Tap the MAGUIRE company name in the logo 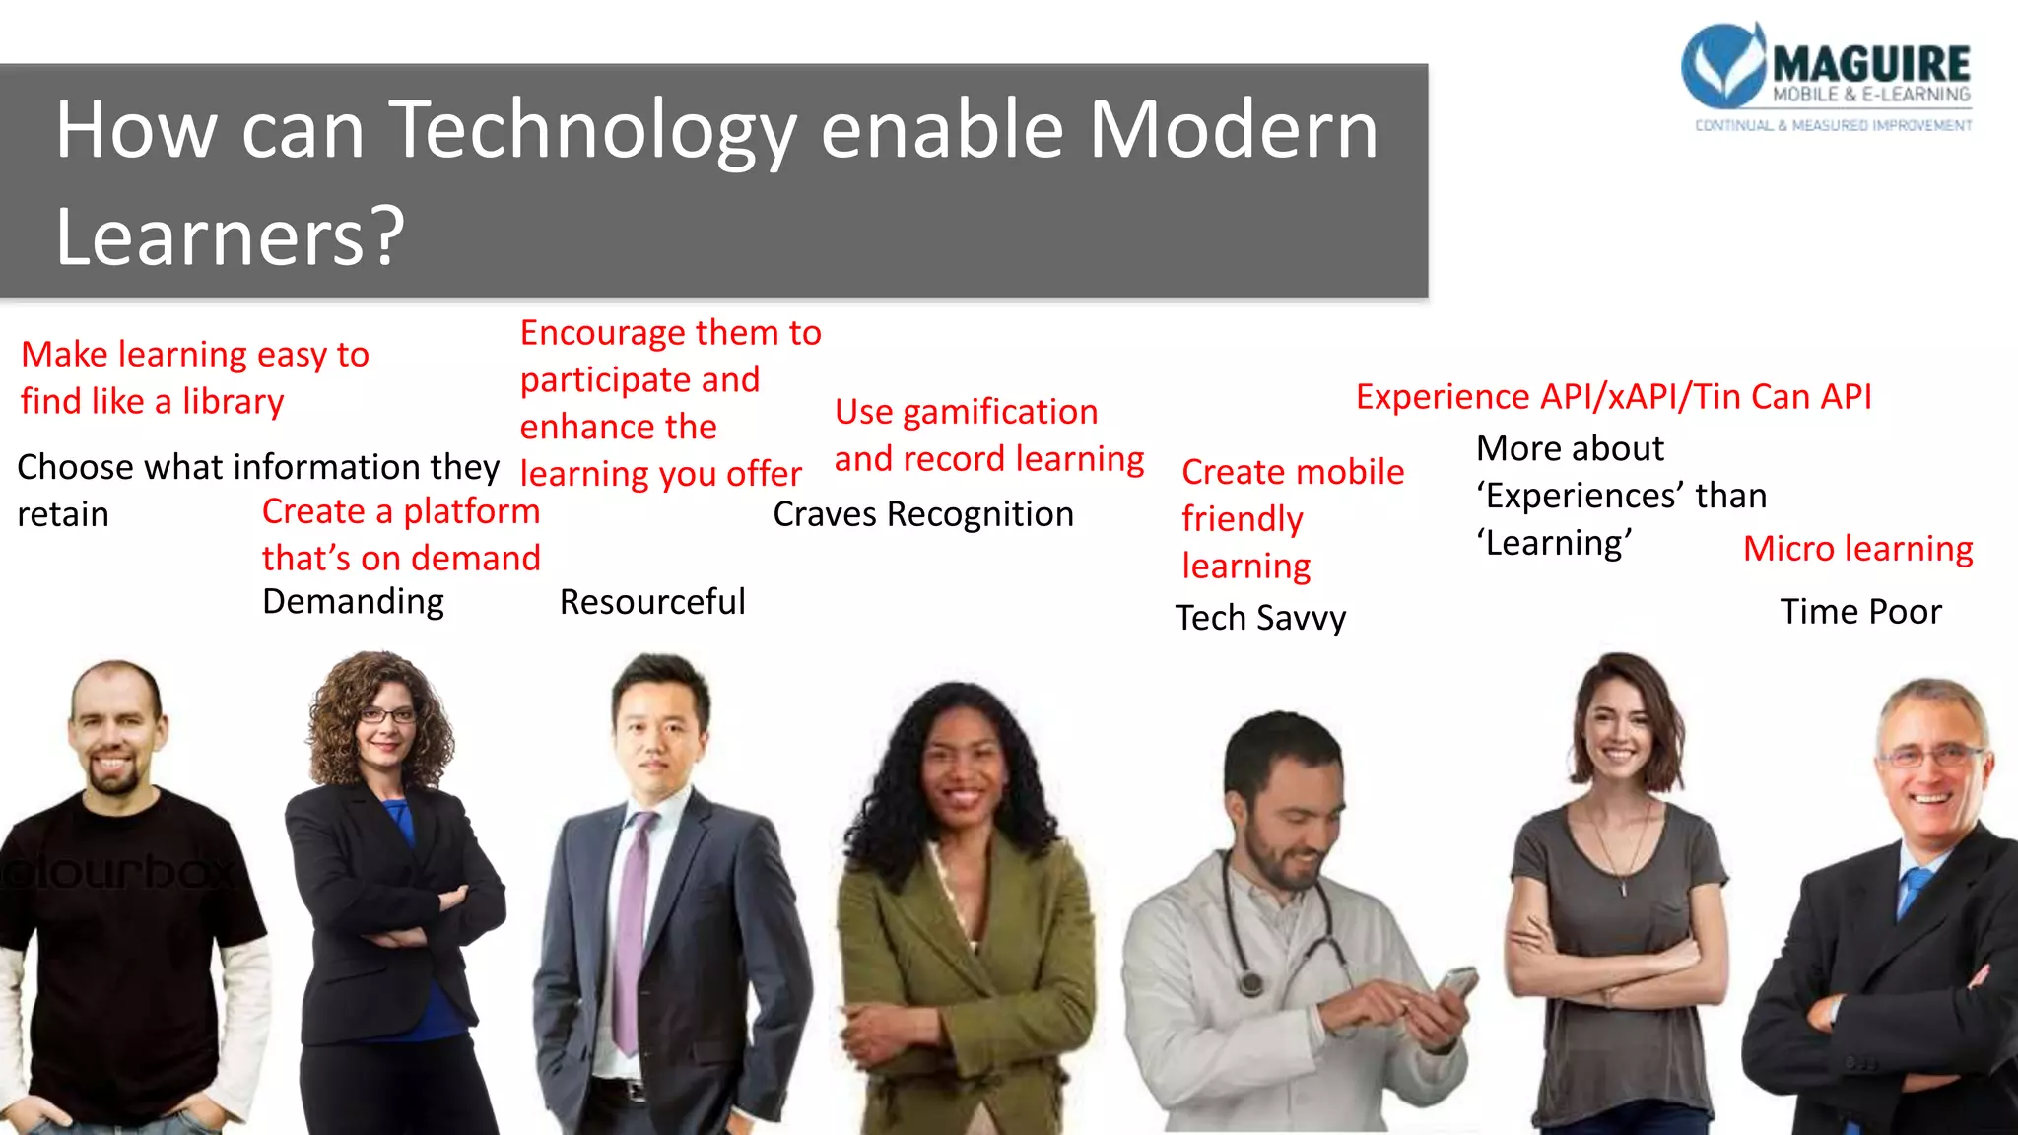point(1870,65)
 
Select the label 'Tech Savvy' point(1260,618)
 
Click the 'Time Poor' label point(1860,612)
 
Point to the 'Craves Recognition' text point(923,514)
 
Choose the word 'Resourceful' point(652,602)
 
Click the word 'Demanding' point(353,601)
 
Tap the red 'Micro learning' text point(1857,549)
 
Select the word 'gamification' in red point(999,412)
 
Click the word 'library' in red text point(233,402)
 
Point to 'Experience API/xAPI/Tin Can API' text point(1613,396)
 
